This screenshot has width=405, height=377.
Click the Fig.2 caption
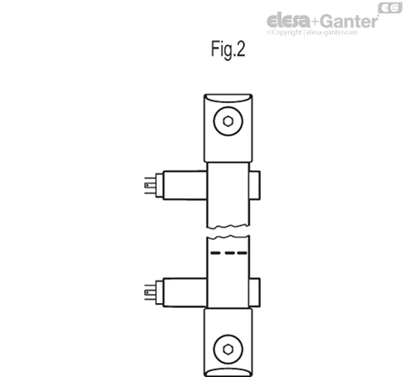(x=227, y=50)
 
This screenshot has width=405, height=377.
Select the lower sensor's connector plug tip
(x=149, y=291)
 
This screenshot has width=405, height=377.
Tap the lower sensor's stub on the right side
(x=256, y=291)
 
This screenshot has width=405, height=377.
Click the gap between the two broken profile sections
(x=227, y=232)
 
